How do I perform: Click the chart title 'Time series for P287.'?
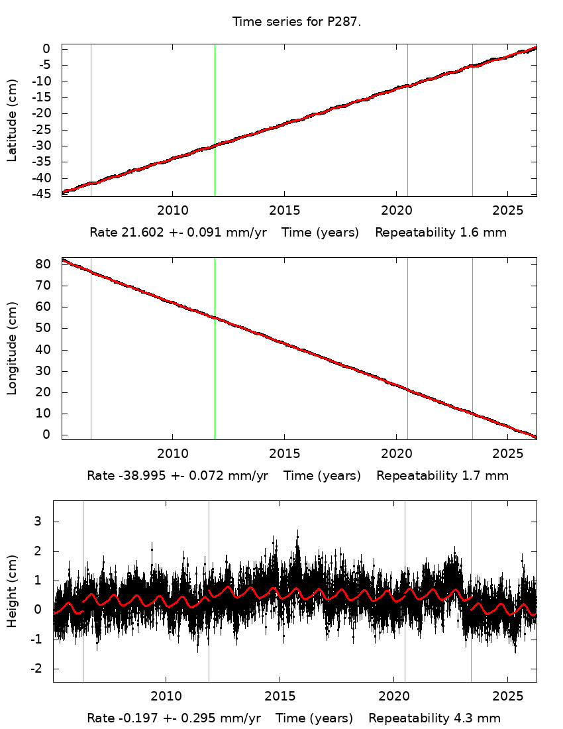(296, 22)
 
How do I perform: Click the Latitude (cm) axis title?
(12, 120)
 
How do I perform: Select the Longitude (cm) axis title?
(12, 349)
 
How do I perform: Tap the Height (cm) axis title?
(12, 591)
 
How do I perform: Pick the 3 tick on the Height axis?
(38, 522)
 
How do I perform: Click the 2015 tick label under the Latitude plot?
(284, 210)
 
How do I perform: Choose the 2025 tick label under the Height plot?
(507, 697)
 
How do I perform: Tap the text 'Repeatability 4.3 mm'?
(435, 718)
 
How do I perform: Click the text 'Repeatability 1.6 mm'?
(441, 233)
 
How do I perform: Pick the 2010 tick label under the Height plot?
(165, 697)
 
